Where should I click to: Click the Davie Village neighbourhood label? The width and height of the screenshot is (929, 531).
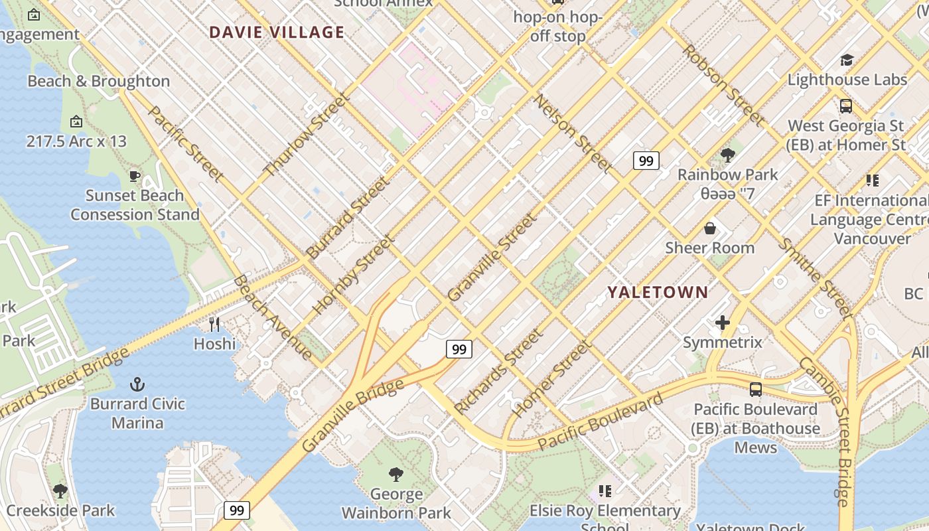pyautogui.click(x=277, y=32)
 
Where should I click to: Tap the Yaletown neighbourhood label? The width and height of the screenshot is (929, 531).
pyautogui.click(x=658, y=292)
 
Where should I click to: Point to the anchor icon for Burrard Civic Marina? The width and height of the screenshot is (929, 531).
pyautogui.click(x=137, y=384)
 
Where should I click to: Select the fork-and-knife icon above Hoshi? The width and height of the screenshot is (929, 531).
pyautogui.click(x=214, y=324)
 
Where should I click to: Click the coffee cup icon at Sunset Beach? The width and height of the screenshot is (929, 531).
pyautogui.click(x=135, y=176)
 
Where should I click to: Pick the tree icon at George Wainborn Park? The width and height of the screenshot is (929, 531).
pyautogui.click(x=396, y=474)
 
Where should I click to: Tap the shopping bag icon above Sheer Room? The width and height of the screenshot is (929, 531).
pyautogui.click(x=710, y=228)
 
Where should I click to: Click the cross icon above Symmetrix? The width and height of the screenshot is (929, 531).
pyautogui.click(x=723, y=323)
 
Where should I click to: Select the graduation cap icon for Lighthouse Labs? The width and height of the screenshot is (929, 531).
pyautogui.click(x=847, y=60)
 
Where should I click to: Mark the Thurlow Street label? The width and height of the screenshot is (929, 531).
pyautogui.click(x=306, y=135)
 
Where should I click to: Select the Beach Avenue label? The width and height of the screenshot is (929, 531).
pyautogui.click(x=272, y=317)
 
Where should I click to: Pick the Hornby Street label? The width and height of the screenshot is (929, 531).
pyautogui.click(x=352, y=275)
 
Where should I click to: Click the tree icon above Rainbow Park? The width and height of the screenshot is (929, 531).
pyautogui.click(x=727, y=155)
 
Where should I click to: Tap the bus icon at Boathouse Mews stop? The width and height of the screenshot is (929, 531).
pyautogui.click(x=756, y=389)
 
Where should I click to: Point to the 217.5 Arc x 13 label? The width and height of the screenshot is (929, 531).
pyautogui.click(x=76, y=141)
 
